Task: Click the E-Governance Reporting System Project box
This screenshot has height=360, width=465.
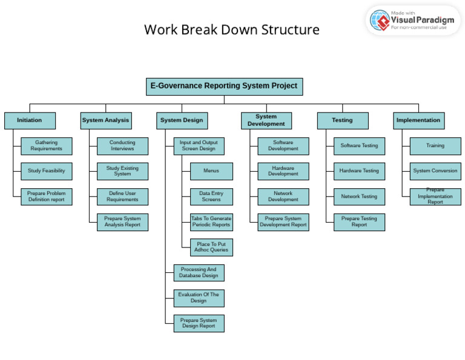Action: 224,87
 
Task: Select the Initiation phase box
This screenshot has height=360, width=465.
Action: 30,120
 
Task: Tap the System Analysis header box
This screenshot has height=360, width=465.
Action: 105,120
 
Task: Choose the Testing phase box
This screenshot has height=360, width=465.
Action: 342,120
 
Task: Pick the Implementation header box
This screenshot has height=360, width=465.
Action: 418,120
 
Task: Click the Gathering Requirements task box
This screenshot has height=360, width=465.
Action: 47,146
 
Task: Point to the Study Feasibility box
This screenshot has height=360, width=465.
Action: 47,171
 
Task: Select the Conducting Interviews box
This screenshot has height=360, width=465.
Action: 122,146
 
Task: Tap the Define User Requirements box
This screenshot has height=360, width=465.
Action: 122,197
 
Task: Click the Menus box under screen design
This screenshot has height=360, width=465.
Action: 211,171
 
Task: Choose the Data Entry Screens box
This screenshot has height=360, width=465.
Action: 211,197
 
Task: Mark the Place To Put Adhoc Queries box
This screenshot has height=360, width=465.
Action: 211,247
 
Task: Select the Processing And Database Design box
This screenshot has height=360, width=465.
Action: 199,273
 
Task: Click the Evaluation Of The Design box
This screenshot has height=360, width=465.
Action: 199,298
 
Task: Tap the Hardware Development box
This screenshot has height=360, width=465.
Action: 283,171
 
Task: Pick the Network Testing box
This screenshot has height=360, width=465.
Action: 359,197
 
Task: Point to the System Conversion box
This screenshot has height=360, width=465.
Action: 435,171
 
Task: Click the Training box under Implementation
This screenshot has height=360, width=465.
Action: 435,146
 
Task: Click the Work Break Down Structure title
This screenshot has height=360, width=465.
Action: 232,30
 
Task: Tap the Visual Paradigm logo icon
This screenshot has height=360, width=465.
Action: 380,21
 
